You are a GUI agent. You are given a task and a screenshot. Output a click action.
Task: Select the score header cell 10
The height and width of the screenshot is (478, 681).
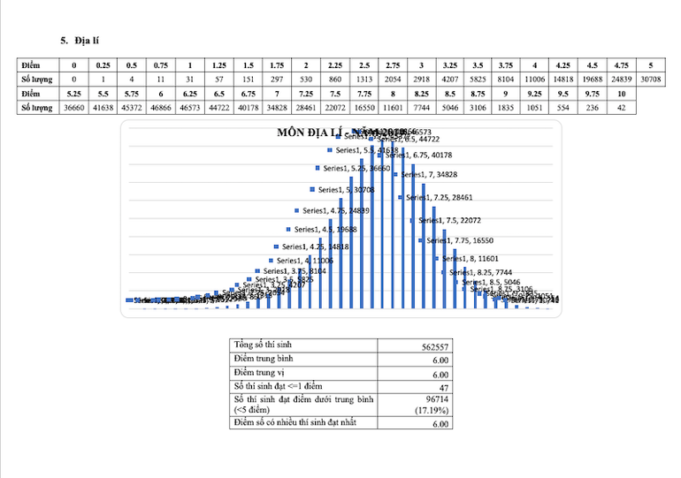click(622, 93)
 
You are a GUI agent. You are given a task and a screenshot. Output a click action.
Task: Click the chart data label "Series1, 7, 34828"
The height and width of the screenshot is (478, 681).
click(433, 175)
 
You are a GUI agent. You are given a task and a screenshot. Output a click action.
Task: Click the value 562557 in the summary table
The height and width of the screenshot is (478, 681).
click(436, 347)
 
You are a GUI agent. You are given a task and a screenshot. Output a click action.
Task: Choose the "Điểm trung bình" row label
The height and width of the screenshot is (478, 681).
click(264, 359)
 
